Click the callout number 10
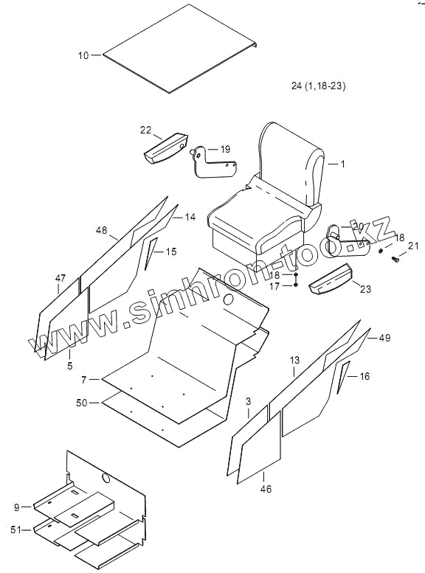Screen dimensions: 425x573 click(83, 55)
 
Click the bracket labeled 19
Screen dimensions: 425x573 click(212, 163)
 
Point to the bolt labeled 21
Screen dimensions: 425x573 click(395, 259)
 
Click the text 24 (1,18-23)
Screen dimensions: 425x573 click(319, 86)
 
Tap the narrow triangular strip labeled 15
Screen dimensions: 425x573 click(151, 253)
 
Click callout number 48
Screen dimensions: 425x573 click(102, 230)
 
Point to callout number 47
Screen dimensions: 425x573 click(61, 279)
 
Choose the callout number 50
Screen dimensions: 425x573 click(82, 403)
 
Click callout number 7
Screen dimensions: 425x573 click(84, 380)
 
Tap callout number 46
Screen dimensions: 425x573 click(266, 489)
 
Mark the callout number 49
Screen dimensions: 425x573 click(384, 338)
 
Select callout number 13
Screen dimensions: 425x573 click(294, 361)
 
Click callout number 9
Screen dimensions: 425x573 click(17, 507)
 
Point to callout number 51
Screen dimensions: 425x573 click(16, 530)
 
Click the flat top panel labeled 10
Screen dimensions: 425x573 click(180, 49)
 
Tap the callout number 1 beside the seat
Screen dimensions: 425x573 click(342, 164)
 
